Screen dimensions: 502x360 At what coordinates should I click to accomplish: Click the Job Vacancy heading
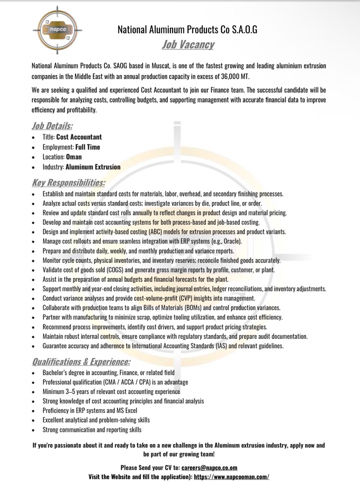coord(188,44)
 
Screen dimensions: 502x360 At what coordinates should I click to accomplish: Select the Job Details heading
coord(52,126)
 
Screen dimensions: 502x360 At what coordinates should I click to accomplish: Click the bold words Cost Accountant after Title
coord(79,137)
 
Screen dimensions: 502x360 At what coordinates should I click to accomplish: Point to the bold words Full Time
coord(87,147)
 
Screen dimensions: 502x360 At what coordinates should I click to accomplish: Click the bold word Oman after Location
coord(74,157)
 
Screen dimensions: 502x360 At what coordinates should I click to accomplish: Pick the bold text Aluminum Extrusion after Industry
coord(93,167)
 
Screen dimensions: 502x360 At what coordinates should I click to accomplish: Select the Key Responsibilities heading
coord(68,183)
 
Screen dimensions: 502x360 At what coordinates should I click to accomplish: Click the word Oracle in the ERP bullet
coord(232,242)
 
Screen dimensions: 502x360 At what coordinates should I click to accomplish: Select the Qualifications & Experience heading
coord(81,362)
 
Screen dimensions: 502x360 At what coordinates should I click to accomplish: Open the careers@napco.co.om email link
coord(209,468)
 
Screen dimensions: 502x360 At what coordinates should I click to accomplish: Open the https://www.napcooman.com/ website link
coord(232,477)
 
